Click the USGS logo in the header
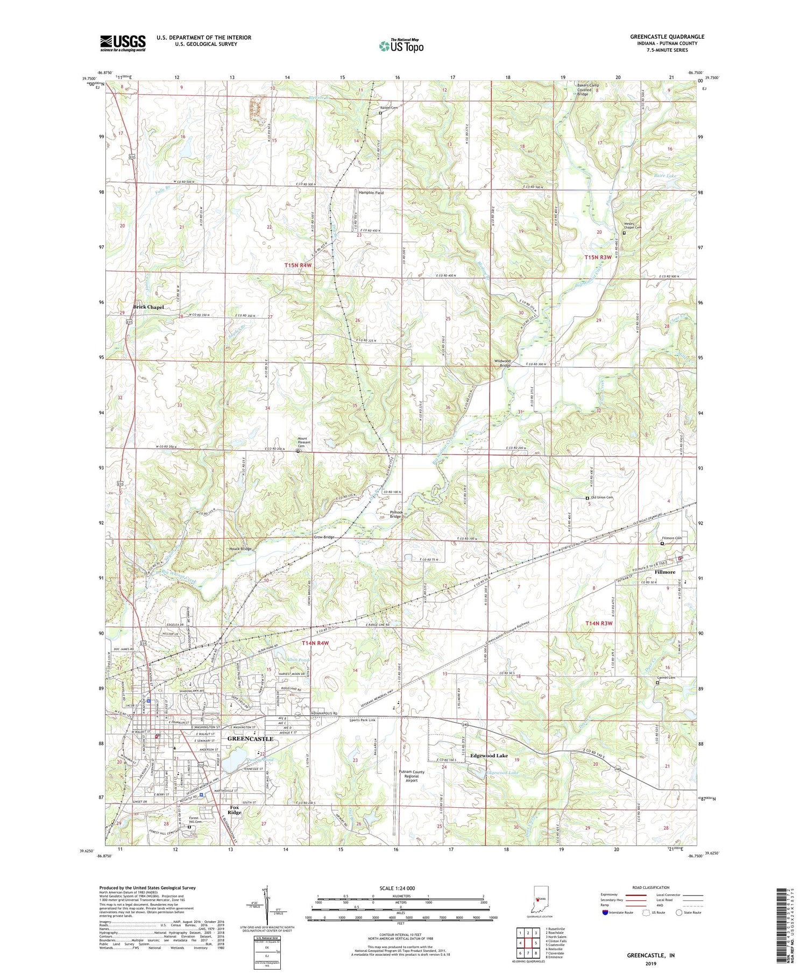[x=123, y=43]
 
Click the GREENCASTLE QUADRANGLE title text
[x=667, y=37]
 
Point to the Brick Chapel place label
[x=148, y=307]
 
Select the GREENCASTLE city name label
[x=250, y=739]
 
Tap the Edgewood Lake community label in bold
[x=489, y=756]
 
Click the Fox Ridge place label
[x=234, y=810]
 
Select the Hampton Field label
[x=371, y=193]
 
